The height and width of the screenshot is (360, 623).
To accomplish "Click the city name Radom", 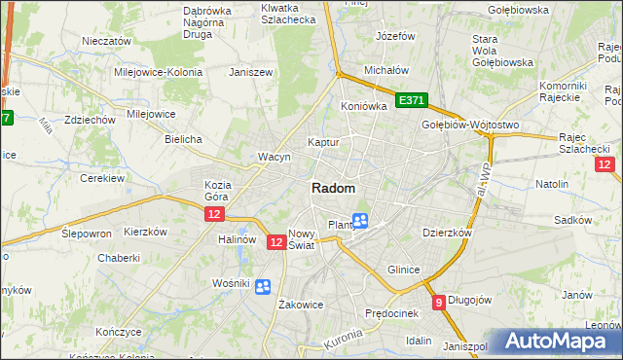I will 333,189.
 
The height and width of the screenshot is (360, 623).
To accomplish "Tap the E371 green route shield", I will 411,100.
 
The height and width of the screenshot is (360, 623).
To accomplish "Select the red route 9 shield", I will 439,302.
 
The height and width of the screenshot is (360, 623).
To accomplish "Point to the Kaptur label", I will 323,142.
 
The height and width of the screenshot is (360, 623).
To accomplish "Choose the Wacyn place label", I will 275,157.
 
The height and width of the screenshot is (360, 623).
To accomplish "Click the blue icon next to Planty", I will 360,222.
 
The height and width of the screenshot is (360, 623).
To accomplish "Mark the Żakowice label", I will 301,305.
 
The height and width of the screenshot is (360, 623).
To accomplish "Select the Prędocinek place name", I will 390,313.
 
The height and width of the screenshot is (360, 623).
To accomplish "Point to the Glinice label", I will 403,270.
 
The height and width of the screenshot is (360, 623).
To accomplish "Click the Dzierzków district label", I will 447,234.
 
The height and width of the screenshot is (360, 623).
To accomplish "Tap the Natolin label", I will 552,184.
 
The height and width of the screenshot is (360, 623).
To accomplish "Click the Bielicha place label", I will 183,139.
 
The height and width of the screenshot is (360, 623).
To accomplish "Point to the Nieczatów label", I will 106,42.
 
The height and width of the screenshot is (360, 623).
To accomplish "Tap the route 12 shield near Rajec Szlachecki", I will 604,164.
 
